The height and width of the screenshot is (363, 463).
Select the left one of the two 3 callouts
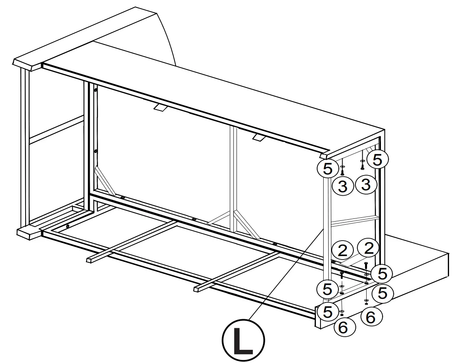click(x=343, y=186)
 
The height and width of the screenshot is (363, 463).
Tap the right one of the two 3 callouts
click(x=366, y=185)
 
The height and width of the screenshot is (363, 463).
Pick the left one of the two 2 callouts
click(x=342, y=251)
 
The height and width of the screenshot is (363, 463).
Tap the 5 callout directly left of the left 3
click(x=327, y=169)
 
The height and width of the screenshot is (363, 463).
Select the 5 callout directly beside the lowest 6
click(x=328, y=312)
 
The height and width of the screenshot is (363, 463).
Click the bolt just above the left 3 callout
click(x=342, y=172)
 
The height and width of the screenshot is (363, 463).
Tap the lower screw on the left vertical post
click(x=96, y=151)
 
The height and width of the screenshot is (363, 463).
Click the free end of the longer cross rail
click(x=197, y=289)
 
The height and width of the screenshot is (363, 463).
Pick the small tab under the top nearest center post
click(x=257, y=137)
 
